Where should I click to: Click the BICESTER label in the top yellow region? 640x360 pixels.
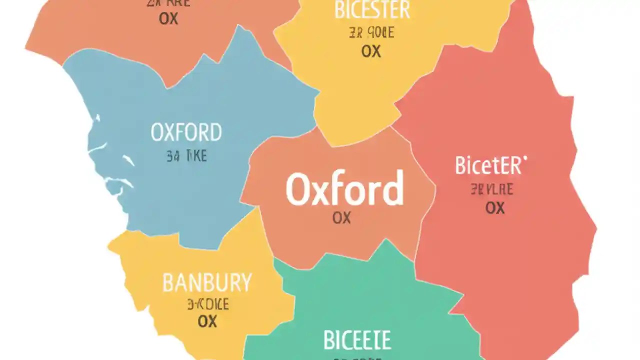[x=372, y=10]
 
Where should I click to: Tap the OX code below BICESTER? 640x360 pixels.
[x=371, y=51]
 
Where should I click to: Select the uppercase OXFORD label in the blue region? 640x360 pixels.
[x=186, y=133]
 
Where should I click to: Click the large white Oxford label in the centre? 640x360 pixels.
[x=344, y=189]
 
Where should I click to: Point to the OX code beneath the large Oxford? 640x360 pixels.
[x=341, y=217]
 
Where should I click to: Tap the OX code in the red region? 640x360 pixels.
[x=495, y=207]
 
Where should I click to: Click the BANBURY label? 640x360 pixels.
[x=207, y=283]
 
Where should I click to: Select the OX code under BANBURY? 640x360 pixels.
[x=207, y=321]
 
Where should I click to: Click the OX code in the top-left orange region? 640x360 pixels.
[x=169, y=18]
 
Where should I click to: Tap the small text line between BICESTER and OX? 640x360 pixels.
[x=371, y=33]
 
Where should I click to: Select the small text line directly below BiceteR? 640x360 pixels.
[x=491, y=190]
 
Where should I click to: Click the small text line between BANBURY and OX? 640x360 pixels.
[x=208, y=304]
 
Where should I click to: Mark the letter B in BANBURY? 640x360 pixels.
[x=168, y=283]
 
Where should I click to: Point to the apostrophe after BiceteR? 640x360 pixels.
[x=525, y=159]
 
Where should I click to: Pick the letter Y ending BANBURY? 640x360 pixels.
[x=245, y=283]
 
